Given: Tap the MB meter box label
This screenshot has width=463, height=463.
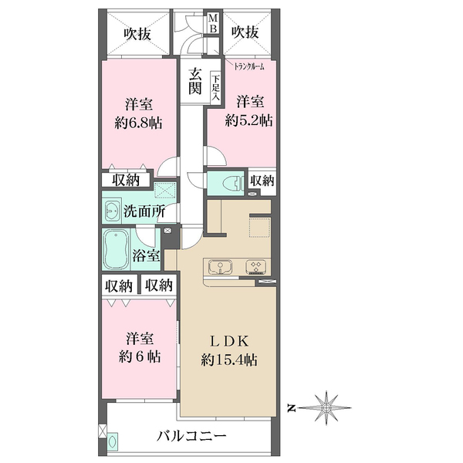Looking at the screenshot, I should tap(216, 24).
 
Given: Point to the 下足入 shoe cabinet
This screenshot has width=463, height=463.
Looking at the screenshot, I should tap(216, 84).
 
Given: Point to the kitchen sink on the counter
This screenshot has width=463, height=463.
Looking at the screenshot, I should tap(221, 267).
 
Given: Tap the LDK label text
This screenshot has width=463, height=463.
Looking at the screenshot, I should tap(229, 340).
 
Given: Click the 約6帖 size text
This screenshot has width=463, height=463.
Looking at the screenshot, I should tap(140, 357).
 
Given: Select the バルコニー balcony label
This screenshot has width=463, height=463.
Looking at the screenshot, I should tap(190, 434).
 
